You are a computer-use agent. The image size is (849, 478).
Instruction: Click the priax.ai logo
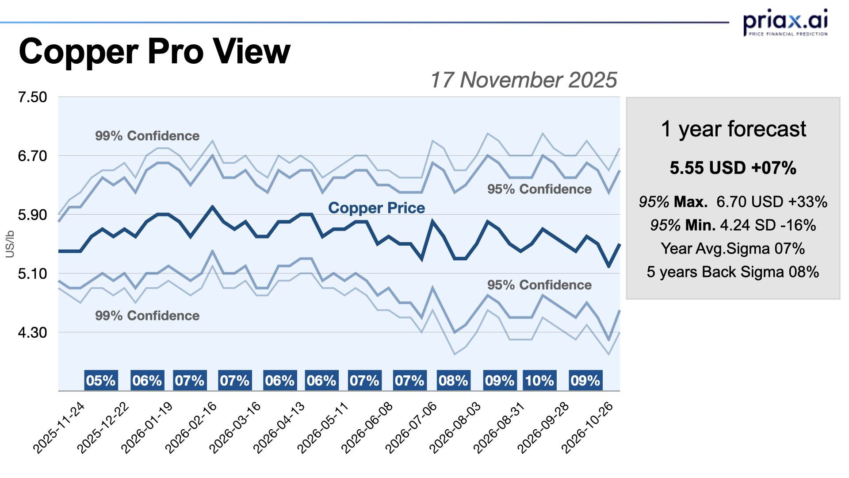pyautogui.click(x=785, y=22)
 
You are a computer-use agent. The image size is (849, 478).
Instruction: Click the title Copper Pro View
pyautogui.click(x=154, y=51)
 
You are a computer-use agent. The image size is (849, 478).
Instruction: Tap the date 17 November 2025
pyautogui.click(x=523, y=80)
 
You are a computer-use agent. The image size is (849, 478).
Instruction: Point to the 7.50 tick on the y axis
pyautogui.click(x=32, y=97)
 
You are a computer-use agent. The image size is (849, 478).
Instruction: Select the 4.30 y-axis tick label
pyautogui.click(x=32, y=332)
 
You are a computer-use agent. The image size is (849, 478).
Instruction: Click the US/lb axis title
pyautogui.click(x=10, y=244)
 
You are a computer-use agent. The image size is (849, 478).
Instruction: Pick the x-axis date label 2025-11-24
pyautogui.click(x=59, y=428)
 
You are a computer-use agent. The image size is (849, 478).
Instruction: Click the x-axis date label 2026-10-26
pyautogui.click(x=588, y=428)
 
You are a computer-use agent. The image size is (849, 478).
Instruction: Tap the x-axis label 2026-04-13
pyautogui.click(x=279, y=428)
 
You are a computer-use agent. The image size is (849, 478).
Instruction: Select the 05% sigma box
pyautogui.click(x=101, y=381)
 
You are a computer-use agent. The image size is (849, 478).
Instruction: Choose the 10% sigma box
pyautogui.click(x=539, y=381)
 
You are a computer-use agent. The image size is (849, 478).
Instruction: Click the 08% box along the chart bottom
pyautogui.click(x=453, y=381)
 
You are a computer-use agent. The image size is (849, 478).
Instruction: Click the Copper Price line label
pyautogui.click(x=376, y=208)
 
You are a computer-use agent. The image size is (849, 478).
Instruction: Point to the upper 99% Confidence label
pyautogui.click(x=147, y=136)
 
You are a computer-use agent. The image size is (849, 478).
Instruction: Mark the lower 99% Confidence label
pyautogui.click(x=147, y=316)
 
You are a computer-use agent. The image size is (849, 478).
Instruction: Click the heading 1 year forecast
pyautogui.click(x=733, y=129)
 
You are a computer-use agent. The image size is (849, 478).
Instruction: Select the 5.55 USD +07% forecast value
pyautogui.click(x=733, y=168)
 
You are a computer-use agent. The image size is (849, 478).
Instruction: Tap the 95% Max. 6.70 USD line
pyautogui.click(x=733, y=202)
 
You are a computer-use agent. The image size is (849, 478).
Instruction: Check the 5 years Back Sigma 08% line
pyautogui.click(x=733, y=272)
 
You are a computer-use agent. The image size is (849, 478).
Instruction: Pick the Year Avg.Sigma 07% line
pyautogui.click(x=733, y=249)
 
